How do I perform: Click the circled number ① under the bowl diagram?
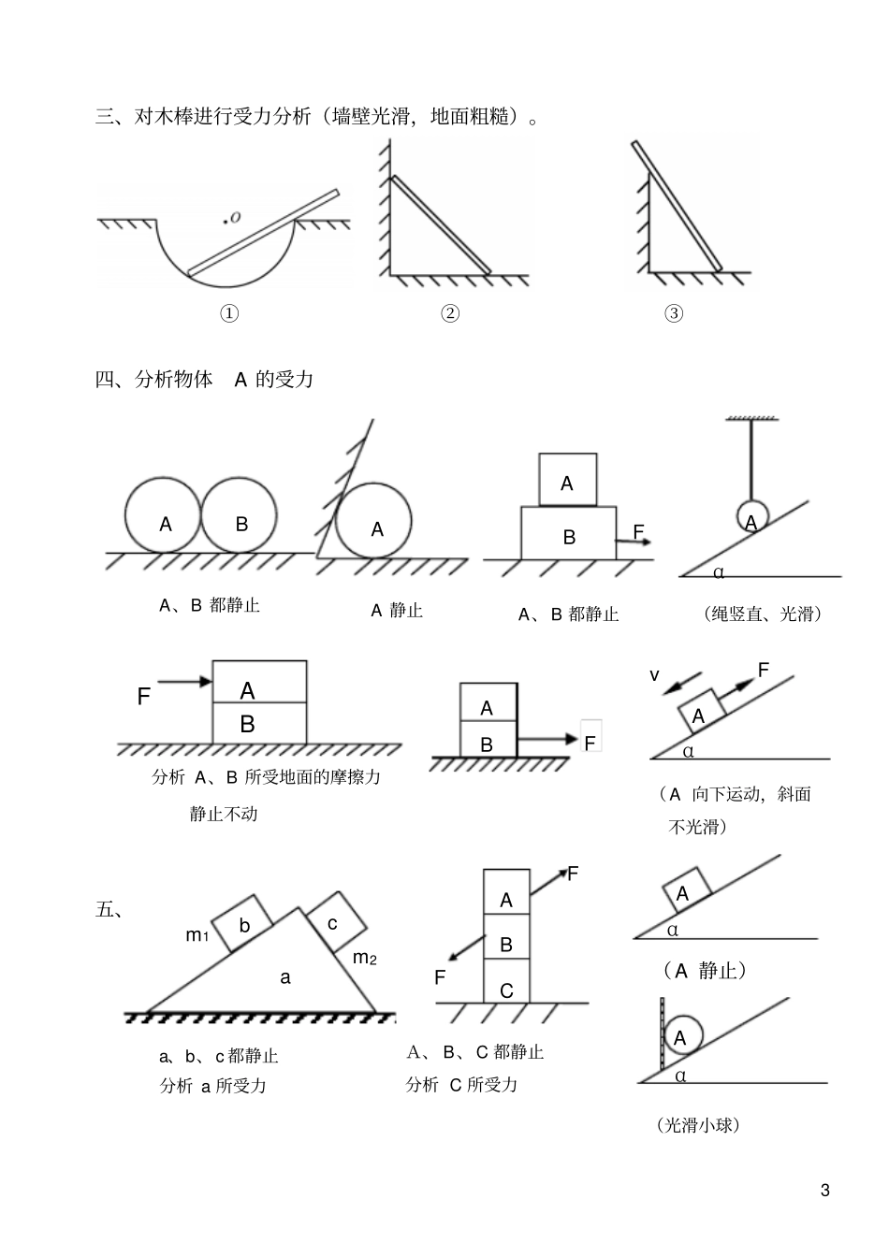click(229, 313)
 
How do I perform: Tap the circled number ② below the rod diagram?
click(450, 313)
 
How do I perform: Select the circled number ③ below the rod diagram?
click(674, 313)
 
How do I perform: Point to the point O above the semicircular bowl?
click(226, 221)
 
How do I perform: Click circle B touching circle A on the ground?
click(240, 515)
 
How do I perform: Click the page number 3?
click(824, 1191)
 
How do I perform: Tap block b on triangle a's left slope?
click(243, 925)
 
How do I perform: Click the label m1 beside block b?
click(197, 934)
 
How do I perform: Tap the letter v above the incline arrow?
click(655, 675)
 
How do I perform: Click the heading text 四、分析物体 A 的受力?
click(205, 380)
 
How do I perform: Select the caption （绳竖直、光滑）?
click(762, 614)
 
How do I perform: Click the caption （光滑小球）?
click(698, 1125)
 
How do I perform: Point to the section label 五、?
click(109, 909)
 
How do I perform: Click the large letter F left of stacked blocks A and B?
click(144, 697)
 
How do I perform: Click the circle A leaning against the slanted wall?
click(374, 522)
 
